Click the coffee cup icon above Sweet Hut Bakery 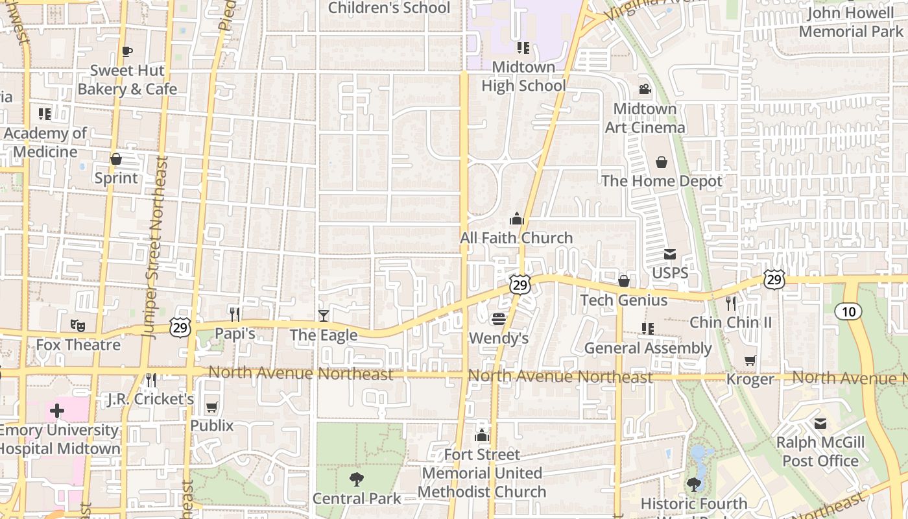click(x=127, y=51)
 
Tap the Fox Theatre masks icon click(x=78, y=325)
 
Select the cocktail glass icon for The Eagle click(x=323, y=315)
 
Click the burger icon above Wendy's click(x=499, y=319)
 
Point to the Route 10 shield click(x=848, y=311)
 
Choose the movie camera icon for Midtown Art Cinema click(x=645, y=89)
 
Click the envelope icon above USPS click(x=669, y=254)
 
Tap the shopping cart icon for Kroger click(x=750, y=360)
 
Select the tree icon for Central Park click(x=356, y=479)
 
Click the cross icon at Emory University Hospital click(x=57, y=410)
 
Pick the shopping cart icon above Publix click(x=211, y=407)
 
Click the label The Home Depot click(x=662, y=181)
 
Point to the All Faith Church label click(x=516, y=238)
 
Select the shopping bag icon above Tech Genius click(x=624, y=281)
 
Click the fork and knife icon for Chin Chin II click(x=731, y=302)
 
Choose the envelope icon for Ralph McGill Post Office click(x=820, y=424)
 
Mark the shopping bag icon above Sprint click(x=116, y=159)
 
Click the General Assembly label click(x=648, y=348)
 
